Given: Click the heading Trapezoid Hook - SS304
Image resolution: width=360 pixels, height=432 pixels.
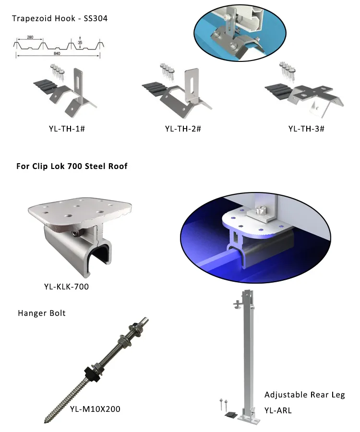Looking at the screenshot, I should (x=60, y=19).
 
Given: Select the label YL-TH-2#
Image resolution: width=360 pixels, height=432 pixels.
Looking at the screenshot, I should (x=183, y=128).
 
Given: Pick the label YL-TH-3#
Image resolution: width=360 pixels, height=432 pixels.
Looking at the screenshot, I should (x=306, y=128).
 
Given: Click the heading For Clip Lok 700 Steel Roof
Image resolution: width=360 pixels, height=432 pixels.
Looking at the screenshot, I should (x=72, y=167).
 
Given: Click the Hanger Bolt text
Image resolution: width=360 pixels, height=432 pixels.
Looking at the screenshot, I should (x=42, y=313).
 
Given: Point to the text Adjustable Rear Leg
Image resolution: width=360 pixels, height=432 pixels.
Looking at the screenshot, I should (x=305, y=395).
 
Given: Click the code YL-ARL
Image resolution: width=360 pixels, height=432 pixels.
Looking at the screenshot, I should (x=278, y=410).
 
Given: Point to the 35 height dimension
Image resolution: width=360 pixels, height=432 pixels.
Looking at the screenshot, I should (x=80, y=42).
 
